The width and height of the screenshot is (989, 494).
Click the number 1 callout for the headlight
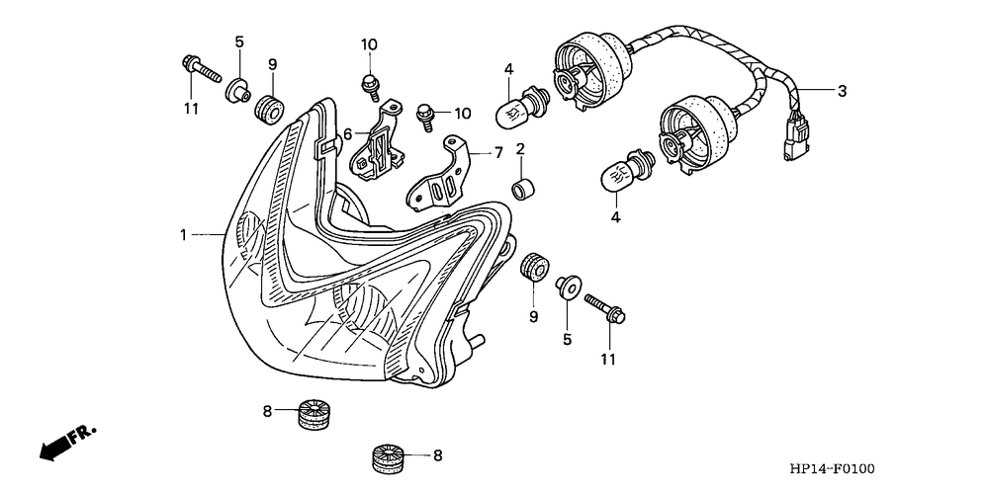(x=184, y=235)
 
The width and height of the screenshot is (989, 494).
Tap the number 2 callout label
(x=519, y=149)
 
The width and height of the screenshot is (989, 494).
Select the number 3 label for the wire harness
(x=842, y=92)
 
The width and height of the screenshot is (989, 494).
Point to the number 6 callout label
(x=348, y=133)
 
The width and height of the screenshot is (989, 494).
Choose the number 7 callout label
(x=498, y=153)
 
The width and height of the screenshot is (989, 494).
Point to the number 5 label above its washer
(x=238, y=41)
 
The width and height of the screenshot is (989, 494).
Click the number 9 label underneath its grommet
(x=533, y=316)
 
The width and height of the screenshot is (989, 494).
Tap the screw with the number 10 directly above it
(x=369, y=86)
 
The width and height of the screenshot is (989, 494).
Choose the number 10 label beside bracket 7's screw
(x=463, y=114)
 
